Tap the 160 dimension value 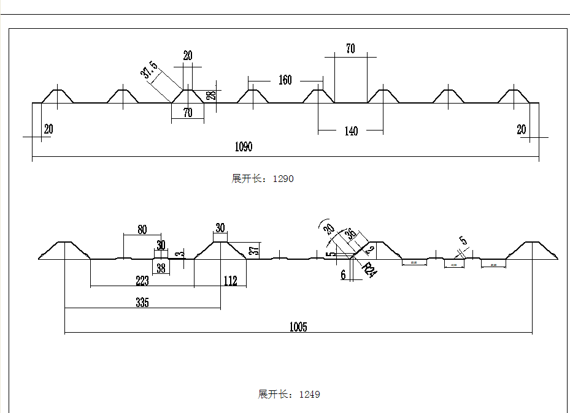(x=285, y=80)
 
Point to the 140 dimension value (x=351, y=131)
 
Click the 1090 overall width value (x=244, y=146)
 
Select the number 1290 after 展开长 (x=283, y=179)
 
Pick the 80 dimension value (x=142, y=230)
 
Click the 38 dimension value (x=161, y=268)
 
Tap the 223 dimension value (x=142, y=281)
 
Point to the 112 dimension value (x=230, y=281)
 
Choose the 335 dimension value (x=142, y=303)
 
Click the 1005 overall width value (x=298, y=327)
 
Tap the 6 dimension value (x=344, y=275)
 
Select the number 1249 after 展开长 (x=309, y=395)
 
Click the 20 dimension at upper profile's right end (x=522, y=129)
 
